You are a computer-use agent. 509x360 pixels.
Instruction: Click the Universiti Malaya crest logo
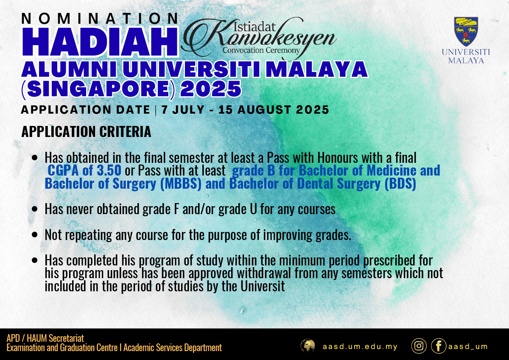tap(466, 32)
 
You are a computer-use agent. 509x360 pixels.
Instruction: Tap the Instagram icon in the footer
tap(419, 346)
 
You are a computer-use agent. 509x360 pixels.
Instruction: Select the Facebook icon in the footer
tap(439, 346)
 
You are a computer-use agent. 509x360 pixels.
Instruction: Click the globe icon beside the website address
tap(308, 346)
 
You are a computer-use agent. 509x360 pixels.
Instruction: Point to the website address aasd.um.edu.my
tap(360, 346)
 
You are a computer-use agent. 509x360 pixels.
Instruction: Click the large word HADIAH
tap(100, 41)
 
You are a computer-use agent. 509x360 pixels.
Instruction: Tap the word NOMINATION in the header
tap(100, 18)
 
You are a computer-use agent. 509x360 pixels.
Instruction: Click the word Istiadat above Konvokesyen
tap(255, 27)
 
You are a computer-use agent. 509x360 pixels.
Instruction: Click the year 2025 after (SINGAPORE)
tap(210, 88)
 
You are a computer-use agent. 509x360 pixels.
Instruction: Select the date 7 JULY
tap(183, 109)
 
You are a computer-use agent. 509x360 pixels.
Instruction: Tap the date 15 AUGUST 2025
tap(274, 109)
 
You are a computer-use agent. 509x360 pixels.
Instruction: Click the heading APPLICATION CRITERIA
tap(86, 131)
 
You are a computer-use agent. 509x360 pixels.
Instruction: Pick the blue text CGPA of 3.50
tap(84, 170)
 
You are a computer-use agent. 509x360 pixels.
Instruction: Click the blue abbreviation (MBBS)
tap(181, 184)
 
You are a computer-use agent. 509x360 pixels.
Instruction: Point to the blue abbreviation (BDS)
tap(400, 184)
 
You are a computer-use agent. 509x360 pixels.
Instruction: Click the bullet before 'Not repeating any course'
tap(34, 234)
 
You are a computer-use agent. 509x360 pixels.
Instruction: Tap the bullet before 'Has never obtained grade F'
tap(34, 209)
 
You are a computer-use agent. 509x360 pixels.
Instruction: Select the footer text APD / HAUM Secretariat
tap(45, 338)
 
